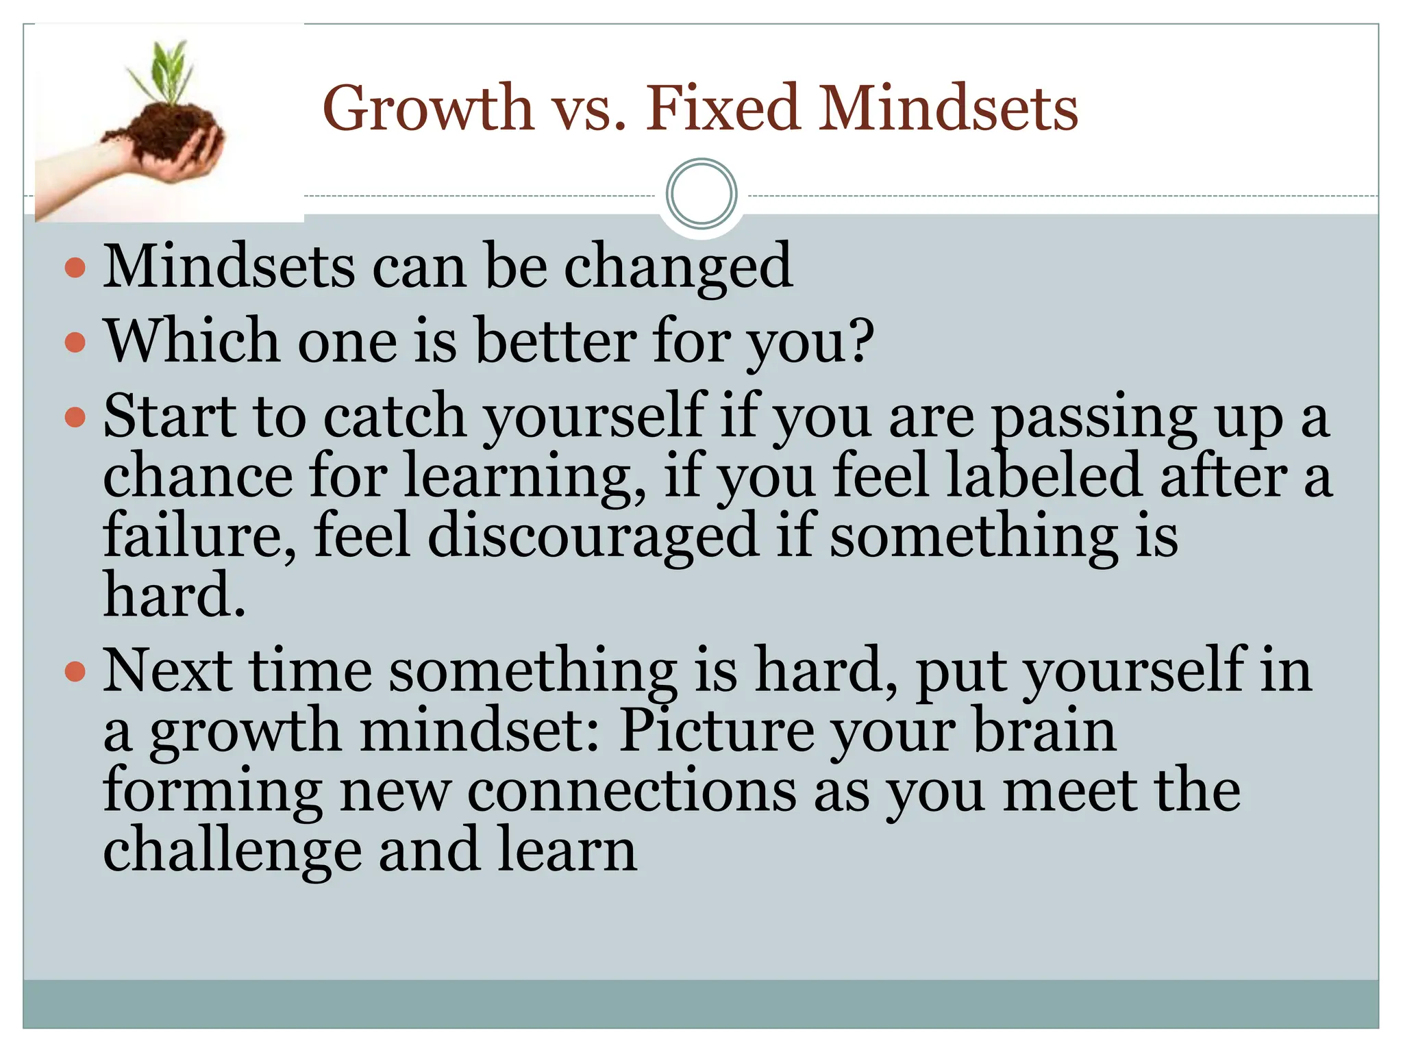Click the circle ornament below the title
point(701,194)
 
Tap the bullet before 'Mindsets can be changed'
point(75,267)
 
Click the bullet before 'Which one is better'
point(75,342)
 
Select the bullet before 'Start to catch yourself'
point(75,416)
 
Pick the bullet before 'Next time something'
point(75,672)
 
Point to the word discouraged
point(592,536)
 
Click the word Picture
point(717,731)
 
